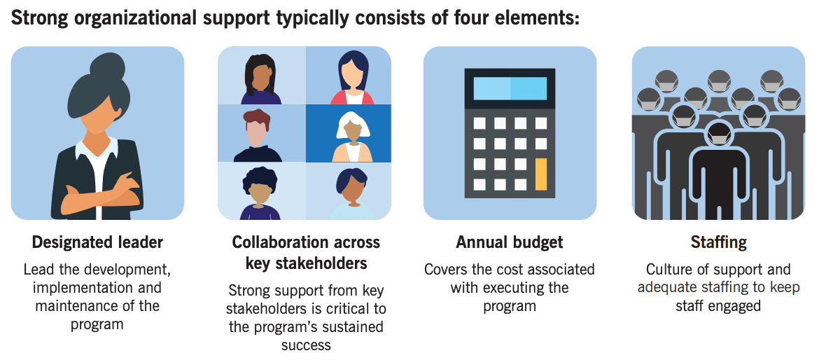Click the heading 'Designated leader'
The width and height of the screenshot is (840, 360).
(x=97, y=242)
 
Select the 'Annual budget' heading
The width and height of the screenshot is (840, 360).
(x=510, y=242)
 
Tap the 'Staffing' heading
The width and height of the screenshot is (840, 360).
(x=718, y=242)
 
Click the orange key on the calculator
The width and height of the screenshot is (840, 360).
(x=540, y=174)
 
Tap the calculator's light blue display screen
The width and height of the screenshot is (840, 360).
(x=510, y=88)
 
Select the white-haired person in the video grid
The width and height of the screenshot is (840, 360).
(x=353, y=137)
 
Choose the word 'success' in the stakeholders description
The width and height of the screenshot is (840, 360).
(x=306, y=345)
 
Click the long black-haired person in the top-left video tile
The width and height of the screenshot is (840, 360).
(x=260, y=79)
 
